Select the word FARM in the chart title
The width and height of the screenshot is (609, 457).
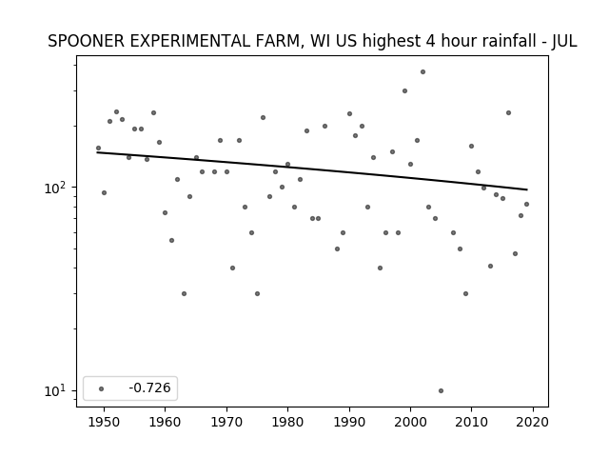tap(279, 41)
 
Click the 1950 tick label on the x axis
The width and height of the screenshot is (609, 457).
tap(104, 422)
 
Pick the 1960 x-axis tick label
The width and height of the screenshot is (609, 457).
tap(165, 422)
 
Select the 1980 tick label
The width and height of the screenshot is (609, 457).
tap(287, 422)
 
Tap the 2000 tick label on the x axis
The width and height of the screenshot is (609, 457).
tap(410, 422)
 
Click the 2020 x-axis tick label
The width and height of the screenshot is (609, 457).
tap(533, 422)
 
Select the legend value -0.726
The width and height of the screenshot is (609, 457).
tap(149, 387)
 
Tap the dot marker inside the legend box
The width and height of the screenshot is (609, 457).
tap(102, 388)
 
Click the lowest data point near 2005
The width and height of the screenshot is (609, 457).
tap(441, 391)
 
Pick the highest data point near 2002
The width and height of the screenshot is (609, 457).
tap(422, 72)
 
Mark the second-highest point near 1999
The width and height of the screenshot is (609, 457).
tap(404, 91)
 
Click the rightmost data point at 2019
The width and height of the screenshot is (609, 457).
tap(526, 204)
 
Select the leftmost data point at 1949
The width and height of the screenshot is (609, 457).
tap(98, 149)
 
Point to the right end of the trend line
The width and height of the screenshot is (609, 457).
tap(527, 189)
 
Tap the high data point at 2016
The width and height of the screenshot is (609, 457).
tap(508, 112)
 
